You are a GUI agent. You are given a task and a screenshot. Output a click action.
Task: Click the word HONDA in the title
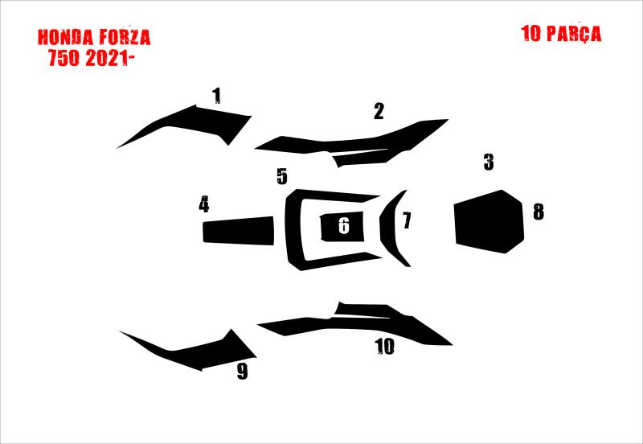click(x=65, y=37)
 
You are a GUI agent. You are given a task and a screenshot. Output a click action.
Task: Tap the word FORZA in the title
click(x=125, y=37)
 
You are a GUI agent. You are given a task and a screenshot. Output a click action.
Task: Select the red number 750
click(x=63, y=58)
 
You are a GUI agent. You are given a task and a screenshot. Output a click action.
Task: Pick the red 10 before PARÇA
click(x=531, y=33)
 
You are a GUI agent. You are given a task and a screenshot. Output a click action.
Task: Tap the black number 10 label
click(x=385, y=347)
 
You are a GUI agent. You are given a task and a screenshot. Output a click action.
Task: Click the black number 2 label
click(x=379, y=111)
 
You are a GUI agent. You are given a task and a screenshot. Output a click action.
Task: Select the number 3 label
click(x=489, y=162)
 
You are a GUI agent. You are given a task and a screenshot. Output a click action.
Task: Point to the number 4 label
click(x=204, y=204)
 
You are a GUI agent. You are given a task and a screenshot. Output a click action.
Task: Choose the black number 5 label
click(x=282, y=176)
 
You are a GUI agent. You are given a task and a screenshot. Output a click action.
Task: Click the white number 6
click(x=344, y=226)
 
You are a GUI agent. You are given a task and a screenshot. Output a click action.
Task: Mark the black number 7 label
click(x=407, y=220)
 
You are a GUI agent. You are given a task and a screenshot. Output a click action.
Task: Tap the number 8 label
click(x=539, y=212)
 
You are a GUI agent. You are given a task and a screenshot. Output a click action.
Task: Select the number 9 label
click(x=243, y=372)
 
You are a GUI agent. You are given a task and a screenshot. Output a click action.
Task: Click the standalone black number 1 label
click(x=216, y=96)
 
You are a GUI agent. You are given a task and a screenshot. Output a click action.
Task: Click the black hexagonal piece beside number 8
click(x=489, y=221)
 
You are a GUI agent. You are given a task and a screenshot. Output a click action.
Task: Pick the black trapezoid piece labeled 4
click(x=239, y=231)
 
